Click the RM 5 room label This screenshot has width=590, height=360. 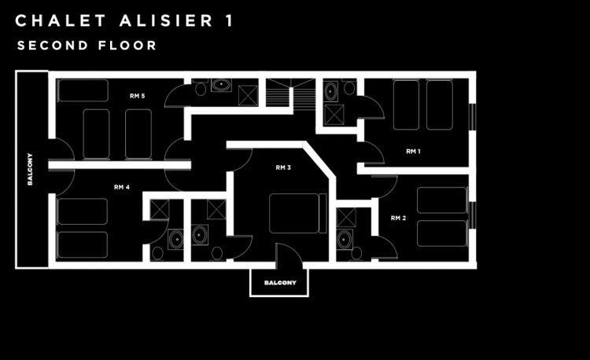pos(138,96)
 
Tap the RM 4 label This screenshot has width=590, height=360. pos(121,187)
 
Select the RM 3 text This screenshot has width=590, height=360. pos(283,167)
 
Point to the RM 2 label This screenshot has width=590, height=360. pos(398,217)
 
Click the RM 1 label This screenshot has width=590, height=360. pos(413,151)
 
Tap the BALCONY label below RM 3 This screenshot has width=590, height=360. pos(279,283)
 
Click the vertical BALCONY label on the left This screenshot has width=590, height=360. pos(30,168)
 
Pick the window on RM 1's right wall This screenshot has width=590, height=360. pos(472,116)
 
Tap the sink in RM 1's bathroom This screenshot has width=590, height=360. pos(330,92)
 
